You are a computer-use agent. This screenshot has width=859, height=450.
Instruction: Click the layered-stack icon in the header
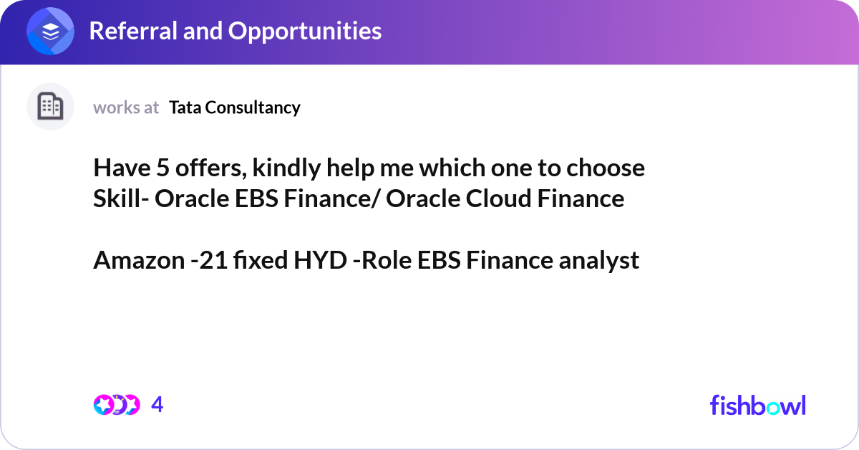pyautogui.click(x=51, y=32)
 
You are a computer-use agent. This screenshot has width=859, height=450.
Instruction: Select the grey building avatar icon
pyautogui.click(x=50, y=107)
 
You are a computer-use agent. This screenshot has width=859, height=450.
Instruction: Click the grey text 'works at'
pyautogui.click(x=126, y=107)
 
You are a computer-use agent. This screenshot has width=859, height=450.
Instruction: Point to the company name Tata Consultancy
pyautogui.click(x=235, y=107)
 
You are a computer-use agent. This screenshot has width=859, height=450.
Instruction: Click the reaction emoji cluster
pyautogui.click(x=116, y=405)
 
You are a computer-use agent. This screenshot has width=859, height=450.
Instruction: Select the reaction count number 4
pyautogui.click(x=157, y=405)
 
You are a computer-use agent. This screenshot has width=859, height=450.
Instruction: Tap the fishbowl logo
pyautogui.click(x=757, y=405)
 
